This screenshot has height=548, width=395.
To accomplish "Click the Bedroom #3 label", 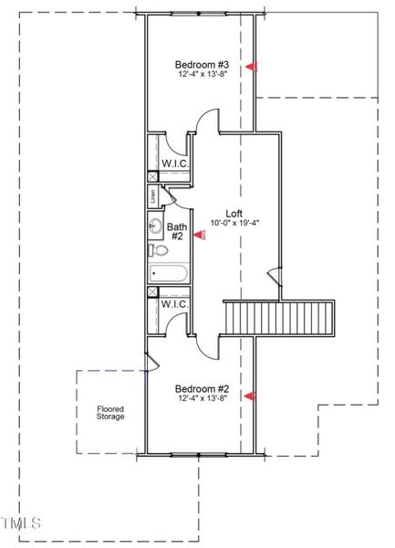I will click(201, 66).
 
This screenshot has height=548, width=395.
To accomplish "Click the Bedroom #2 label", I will click(201, 388).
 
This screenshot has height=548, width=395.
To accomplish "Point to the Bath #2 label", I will click(176, 231).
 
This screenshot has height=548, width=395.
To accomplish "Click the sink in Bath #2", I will click(154, 226).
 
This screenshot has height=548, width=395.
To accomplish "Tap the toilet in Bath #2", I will click(155, 249).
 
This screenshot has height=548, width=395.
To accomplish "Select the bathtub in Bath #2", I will click(168, 272).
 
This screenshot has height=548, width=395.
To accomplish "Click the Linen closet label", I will click(152, 195).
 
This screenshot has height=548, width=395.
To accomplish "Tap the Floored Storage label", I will click(110, 413).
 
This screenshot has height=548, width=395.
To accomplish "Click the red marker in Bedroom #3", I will click(252, 66).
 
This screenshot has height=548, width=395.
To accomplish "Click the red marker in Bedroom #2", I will click(252, 395).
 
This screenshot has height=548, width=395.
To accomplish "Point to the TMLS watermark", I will click(21, 524).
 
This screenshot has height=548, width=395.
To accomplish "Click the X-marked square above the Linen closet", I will click(152, 177).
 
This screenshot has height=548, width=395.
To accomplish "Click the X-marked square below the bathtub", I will click(152, 292).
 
